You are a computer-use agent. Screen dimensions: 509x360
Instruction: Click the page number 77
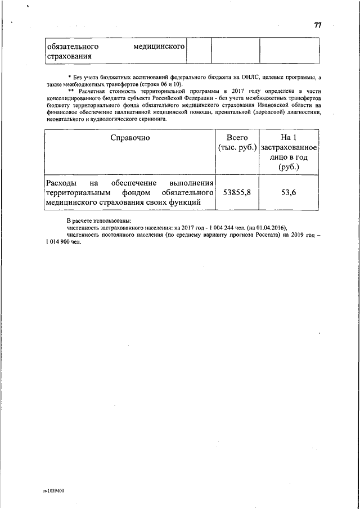[x=318, y=25]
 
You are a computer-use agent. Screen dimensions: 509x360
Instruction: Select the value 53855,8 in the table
[x=237, y=193]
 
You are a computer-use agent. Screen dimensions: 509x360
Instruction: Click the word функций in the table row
[x=185, y=203]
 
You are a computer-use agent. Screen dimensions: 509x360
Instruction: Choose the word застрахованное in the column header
[x=289, y=147]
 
